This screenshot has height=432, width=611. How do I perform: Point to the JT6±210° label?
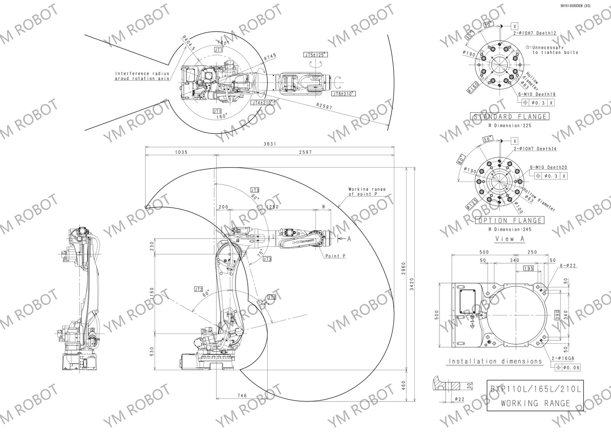[x=343, y=93]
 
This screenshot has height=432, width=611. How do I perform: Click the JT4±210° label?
[x=263, y=103]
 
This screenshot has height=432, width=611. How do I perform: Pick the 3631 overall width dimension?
[x=270, y=144]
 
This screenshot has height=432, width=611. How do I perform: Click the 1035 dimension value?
[x=181, y=152]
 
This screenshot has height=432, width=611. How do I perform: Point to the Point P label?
[x=335, y=256]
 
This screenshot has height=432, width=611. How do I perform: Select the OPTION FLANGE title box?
[x=509, y=221]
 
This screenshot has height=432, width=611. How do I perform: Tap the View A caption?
[x=510, y=239]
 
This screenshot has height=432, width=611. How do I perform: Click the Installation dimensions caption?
[x=495, y=361]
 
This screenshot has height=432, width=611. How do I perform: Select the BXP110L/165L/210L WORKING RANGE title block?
[x=535, y=395]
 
